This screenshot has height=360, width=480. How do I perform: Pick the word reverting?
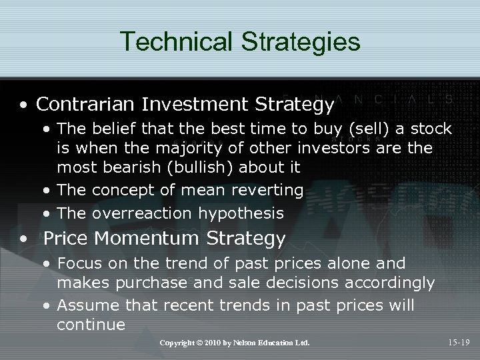pos(267,190)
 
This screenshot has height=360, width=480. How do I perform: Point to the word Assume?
pos(83,305)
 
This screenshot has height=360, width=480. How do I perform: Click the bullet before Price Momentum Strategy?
pos(24,239)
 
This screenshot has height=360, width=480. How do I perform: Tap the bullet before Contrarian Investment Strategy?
pos(24,105)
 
